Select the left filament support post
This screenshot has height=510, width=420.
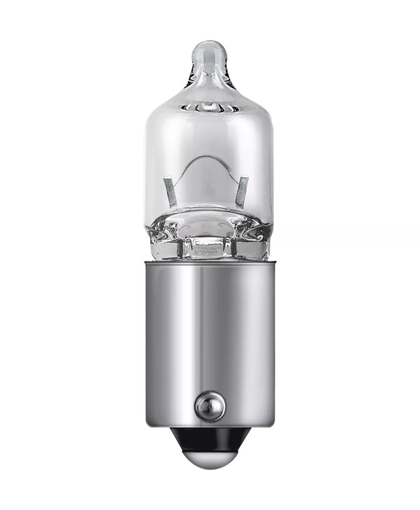170,191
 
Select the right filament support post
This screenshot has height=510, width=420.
241,191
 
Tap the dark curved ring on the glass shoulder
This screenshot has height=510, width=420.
210,108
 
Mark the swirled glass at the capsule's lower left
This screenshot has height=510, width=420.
161,236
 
